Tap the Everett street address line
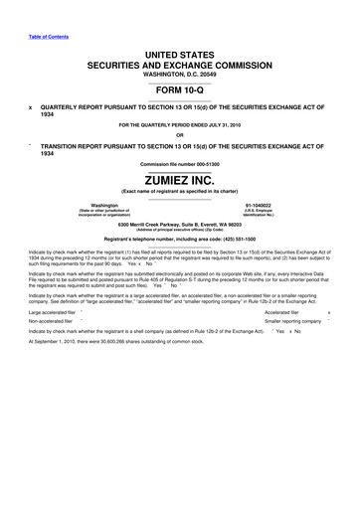[x=180, y=226]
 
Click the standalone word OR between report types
[x=180, y=136]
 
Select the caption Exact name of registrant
[x=180, y=193]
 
